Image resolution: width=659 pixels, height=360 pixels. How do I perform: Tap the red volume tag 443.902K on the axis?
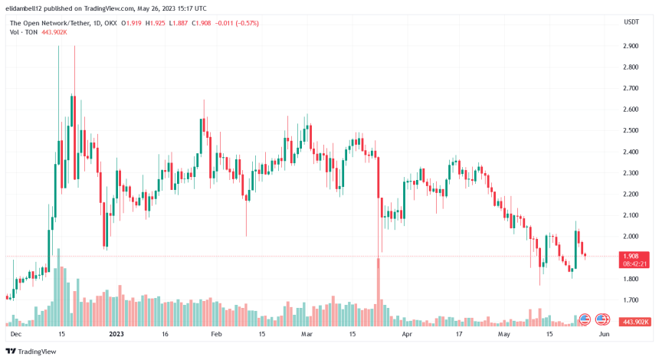tap(636, 321)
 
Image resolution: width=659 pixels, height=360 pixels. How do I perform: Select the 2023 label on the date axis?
tap(116, 334)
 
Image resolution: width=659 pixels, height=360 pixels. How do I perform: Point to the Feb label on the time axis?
tap(216, 334)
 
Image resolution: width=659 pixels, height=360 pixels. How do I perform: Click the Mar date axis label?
tap(307, 334)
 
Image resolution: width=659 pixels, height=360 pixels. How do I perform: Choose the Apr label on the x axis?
tap(407, 334)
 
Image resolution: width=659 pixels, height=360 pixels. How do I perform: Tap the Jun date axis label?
tap(603, 334)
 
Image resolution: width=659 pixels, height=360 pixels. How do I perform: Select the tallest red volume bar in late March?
tap(379, 291)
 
